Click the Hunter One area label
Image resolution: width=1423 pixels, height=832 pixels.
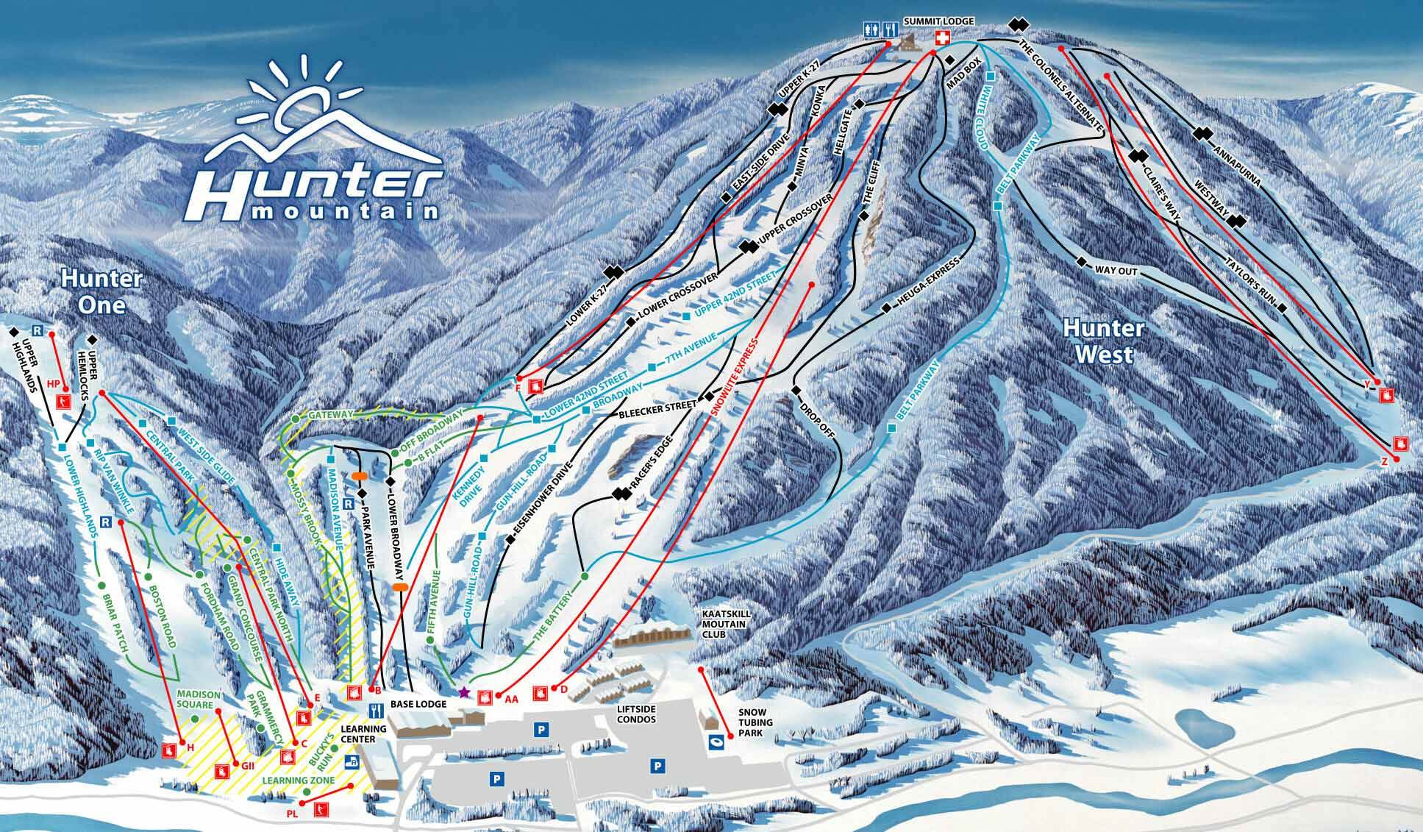[x=101, y=291]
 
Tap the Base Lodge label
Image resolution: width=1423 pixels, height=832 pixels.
[x=418, y=704]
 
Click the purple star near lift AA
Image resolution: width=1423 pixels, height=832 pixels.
[x=463, y=691]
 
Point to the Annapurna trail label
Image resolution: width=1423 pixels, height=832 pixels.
[x=1236, y=166]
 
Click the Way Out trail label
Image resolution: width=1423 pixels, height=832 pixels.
[x=1116, y=271]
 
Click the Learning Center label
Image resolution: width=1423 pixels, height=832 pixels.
[x=363, y=733]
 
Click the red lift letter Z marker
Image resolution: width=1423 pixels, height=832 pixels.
[x=1383, y=462]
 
